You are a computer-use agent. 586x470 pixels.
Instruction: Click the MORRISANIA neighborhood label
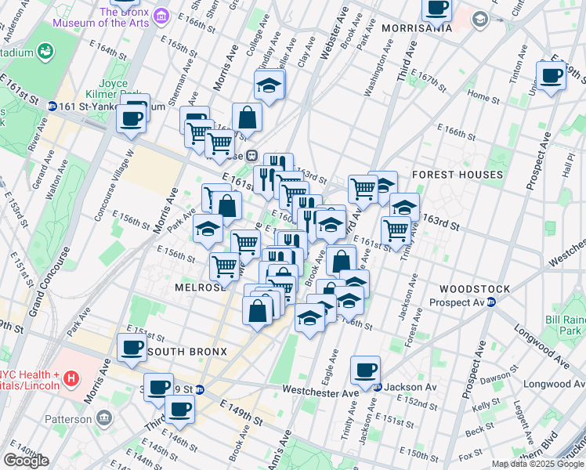(x=417, y=28)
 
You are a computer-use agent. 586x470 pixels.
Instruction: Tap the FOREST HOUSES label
(x=458, y=175)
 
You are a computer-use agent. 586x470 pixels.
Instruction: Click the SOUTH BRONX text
(x=187, y=352)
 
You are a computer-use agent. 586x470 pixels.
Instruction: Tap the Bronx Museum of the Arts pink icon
(x=161, y=16)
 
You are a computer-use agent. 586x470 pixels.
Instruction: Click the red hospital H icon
(x=71, y=379)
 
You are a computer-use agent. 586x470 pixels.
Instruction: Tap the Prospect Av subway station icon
(x=491, y=302)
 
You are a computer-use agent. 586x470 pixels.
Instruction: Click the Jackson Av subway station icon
(x=377, y=387)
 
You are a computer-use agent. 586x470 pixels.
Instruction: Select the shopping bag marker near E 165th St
(x=247, y=118)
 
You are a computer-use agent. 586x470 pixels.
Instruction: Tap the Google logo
(x=26, y=461)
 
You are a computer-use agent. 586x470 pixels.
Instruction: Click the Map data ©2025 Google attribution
(x=537, y=464)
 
